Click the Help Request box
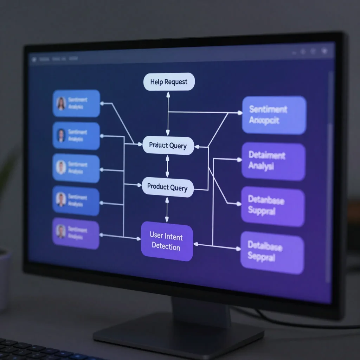[x=169, y=82]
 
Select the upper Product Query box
[x=168, y=145]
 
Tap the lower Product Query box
[x=168, y=187]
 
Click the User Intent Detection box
[x=167, y=242]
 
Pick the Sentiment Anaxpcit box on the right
[x=274, y=115]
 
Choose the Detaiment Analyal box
[x=273, y=161]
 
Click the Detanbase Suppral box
[x=272, y=206]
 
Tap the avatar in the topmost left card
[x=61, y=103]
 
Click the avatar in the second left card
[x=61, y=135]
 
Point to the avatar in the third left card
[x=61, y=167]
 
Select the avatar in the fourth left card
[x=61, y=199]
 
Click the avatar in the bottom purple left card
[x=61, y=232]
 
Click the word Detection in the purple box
[x=166, y=247]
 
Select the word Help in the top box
[x=156, y=82]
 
